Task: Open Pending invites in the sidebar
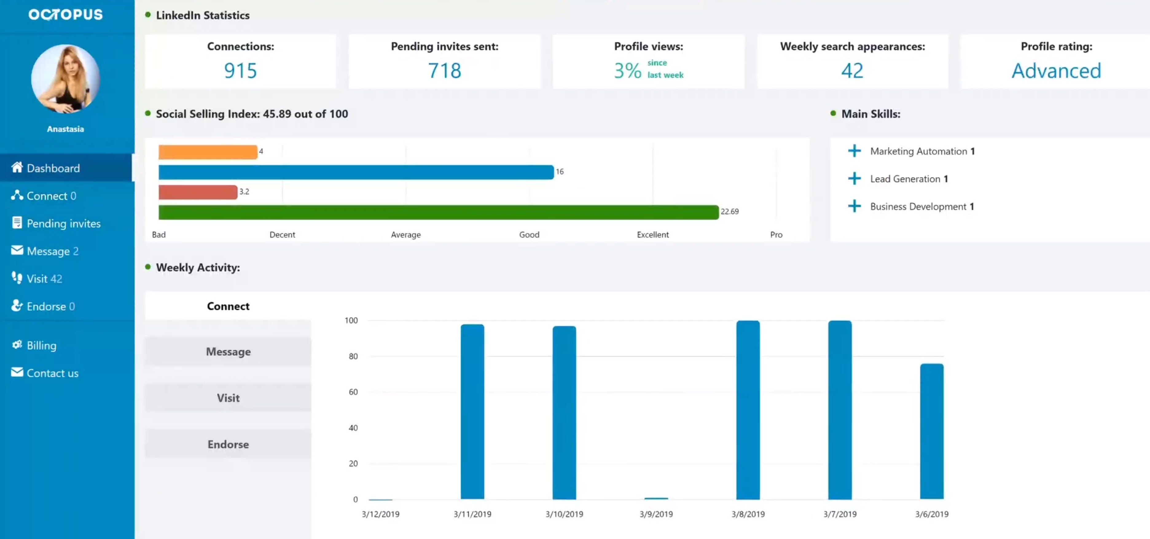[63, 223]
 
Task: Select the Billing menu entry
[41, 345]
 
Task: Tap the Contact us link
[52, 373]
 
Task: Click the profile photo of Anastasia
[66, 79]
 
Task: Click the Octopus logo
[66, 15]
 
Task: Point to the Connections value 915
[240, 71]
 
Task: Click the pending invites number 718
[444, 71]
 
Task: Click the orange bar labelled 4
[208, 152]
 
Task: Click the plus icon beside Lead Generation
[854, 179]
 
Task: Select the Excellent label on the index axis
[652, 234]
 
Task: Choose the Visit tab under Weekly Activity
[228, 397]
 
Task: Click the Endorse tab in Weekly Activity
[228, 444]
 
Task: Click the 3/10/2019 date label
[564, 514]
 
